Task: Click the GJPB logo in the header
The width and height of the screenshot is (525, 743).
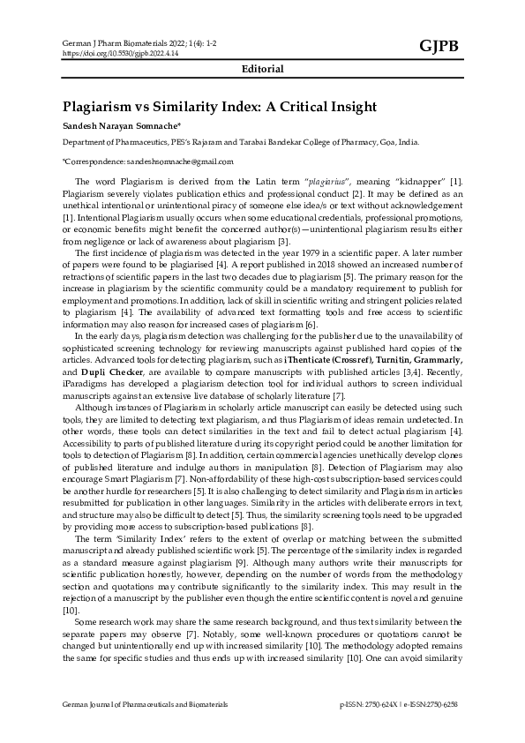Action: [x=439, y=46]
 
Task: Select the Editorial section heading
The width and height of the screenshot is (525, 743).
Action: [x=262, y=69]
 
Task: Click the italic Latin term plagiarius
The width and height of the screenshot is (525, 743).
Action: [x=326, y=181]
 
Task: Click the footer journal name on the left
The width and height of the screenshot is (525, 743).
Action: [x=145, y=705]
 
